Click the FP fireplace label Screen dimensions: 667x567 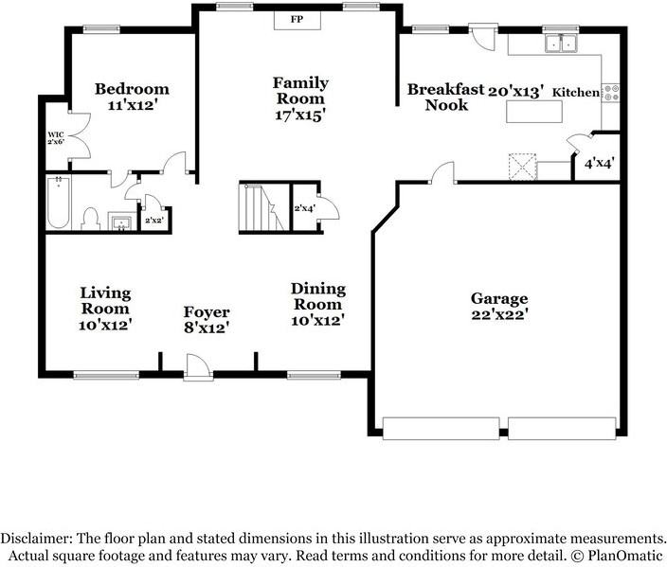point(297,19)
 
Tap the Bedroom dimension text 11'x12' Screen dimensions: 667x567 point(133,105)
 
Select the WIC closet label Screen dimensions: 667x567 point(55,134)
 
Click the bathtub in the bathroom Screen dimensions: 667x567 point(59,203)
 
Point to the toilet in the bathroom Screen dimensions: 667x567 point(91,219)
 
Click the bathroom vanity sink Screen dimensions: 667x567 point(122,221)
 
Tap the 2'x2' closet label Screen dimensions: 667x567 point(154,221)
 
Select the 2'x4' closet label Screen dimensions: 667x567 point(304,208)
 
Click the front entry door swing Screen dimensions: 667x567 point(198,366)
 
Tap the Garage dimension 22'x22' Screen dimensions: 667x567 point(500,314)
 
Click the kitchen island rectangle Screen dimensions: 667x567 point(534,112)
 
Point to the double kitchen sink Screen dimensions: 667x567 point(562,43)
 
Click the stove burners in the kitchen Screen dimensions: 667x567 point(610,93)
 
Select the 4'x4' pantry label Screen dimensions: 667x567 point(599,163)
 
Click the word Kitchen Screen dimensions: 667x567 point(575,92)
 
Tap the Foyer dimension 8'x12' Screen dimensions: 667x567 point(207,328)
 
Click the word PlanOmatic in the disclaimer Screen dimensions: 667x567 point(625,556)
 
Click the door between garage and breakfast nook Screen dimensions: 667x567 point(442,173)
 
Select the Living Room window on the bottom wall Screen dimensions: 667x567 point(106,375)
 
